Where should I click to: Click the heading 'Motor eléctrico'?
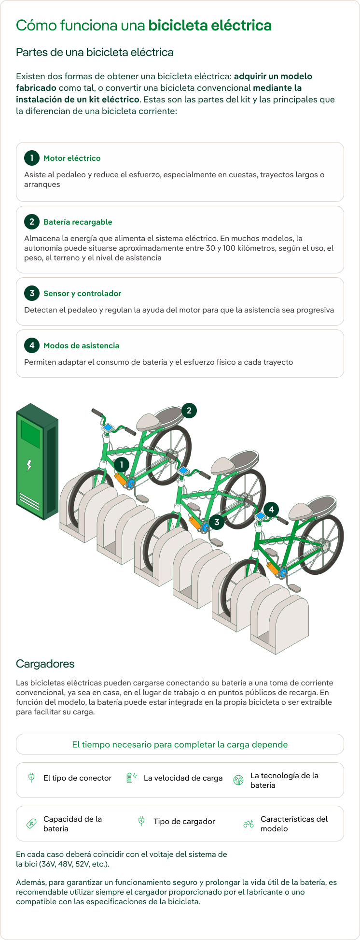click(72, 158)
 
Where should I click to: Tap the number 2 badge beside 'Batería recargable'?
click(32, 222)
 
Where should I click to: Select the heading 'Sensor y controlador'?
click(82, 294)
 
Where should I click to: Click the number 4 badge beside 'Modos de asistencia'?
click(32, 345)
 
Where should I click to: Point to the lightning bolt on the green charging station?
click(29, 465)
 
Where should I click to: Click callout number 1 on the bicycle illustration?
click(122, 465)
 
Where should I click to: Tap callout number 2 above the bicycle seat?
click(189, 411)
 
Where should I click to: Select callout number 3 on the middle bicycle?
click(217, 522)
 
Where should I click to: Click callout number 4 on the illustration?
click(271, 510)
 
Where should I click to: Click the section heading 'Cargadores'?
click(45, 664)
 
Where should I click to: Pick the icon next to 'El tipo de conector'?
click(31, 778)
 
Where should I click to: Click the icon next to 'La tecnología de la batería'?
click(238, 780)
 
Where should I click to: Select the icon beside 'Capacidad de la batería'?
click(31, 824)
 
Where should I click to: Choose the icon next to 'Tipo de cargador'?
click(141, 821)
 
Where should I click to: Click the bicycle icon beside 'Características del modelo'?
click(249, 824)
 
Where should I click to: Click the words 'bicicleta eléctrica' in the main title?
click(210, 25)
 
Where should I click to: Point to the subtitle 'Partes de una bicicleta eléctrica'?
click(95, 52)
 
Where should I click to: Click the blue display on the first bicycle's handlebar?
click(107, 427)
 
